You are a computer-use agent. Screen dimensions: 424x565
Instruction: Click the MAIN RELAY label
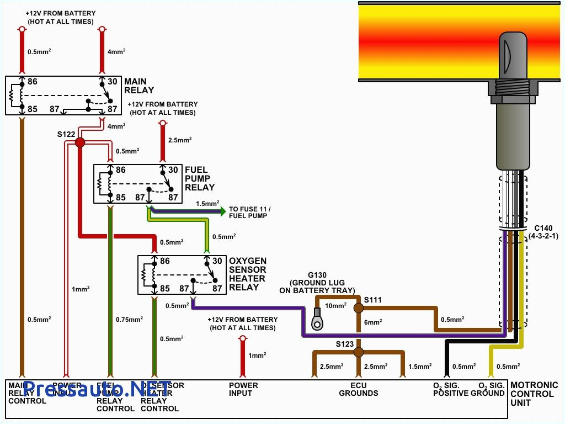(139, 86)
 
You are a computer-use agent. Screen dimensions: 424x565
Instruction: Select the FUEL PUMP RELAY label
(200, 178)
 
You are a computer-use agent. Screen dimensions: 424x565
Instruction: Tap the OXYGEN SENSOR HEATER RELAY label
(248, 274)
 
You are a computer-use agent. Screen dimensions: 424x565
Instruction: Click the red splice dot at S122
(80, 142)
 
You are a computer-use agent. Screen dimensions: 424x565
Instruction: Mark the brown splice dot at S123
(358, 352)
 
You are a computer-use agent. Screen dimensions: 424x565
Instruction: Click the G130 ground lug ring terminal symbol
(317, 322)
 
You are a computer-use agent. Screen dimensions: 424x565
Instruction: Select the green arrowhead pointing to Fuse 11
(222, 211)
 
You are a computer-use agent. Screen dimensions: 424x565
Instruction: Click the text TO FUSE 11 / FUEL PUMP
(250, 212)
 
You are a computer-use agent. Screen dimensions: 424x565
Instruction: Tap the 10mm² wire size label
(335, 305)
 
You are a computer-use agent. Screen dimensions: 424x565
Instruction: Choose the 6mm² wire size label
(372, 322)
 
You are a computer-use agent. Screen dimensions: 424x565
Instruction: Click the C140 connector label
(543, 231)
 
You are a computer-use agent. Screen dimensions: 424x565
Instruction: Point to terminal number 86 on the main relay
(33, 82)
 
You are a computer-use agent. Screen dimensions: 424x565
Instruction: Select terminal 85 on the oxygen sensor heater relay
(164, 288)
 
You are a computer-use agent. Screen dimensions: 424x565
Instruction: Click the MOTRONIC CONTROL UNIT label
(534, 394)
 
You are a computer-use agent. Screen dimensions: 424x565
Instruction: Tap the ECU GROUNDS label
(359, 389)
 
